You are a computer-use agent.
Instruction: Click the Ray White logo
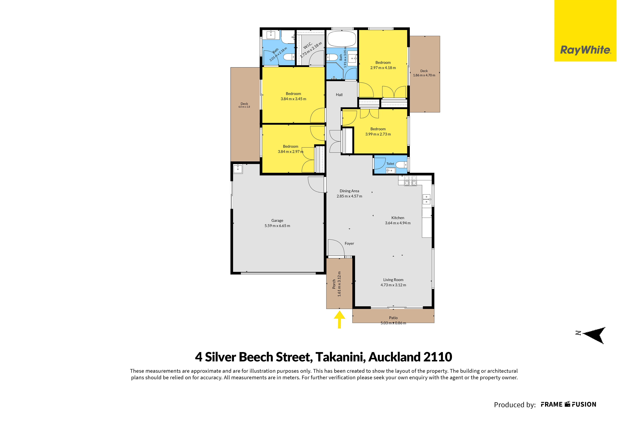585,31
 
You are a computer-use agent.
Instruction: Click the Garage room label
277,220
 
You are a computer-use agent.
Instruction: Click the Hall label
339,95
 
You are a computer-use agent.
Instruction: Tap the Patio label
393,318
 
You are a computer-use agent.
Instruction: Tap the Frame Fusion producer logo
569,405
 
